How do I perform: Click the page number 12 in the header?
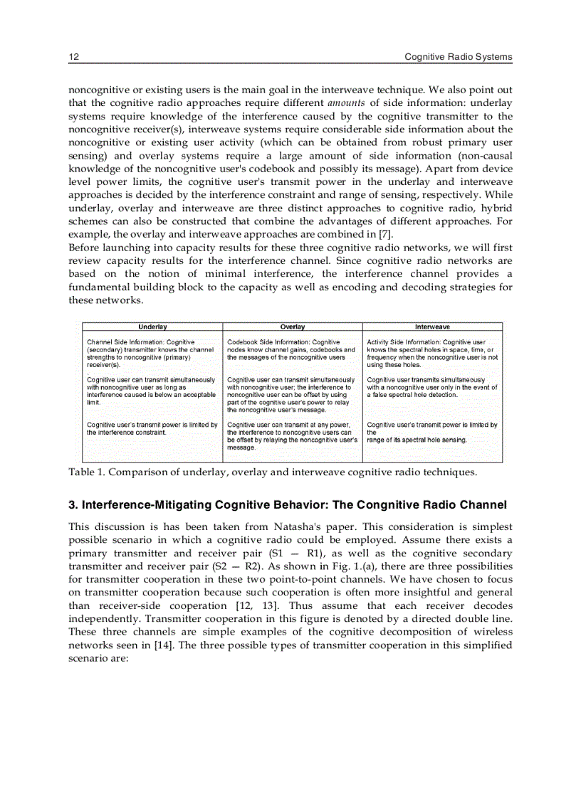[x=73, y=57]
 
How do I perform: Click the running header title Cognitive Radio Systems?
[x=458, y=57]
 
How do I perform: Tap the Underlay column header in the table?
[x=152, y=327]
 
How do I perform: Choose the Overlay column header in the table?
[x=293, y=327]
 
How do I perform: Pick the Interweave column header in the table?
[x=432, y=327]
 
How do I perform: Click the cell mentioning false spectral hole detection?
[x=431, y=387]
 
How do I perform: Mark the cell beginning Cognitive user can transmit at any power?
[x=291, y=436]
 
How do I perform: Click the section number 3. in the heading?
[x=73, y=505]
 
